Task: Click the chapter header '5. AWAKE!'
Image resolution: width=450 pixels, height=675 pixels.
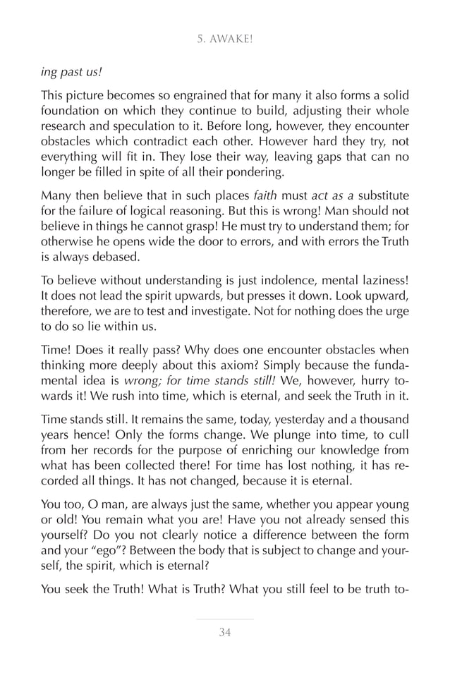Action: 224,39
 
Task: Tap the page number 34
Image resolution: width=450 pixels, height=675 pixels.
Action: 224,632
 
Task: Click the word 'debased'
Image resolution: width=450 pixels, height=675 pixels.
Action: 103,257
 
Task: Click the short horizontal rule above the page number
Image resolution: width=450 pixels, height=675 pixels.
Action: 224,619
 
